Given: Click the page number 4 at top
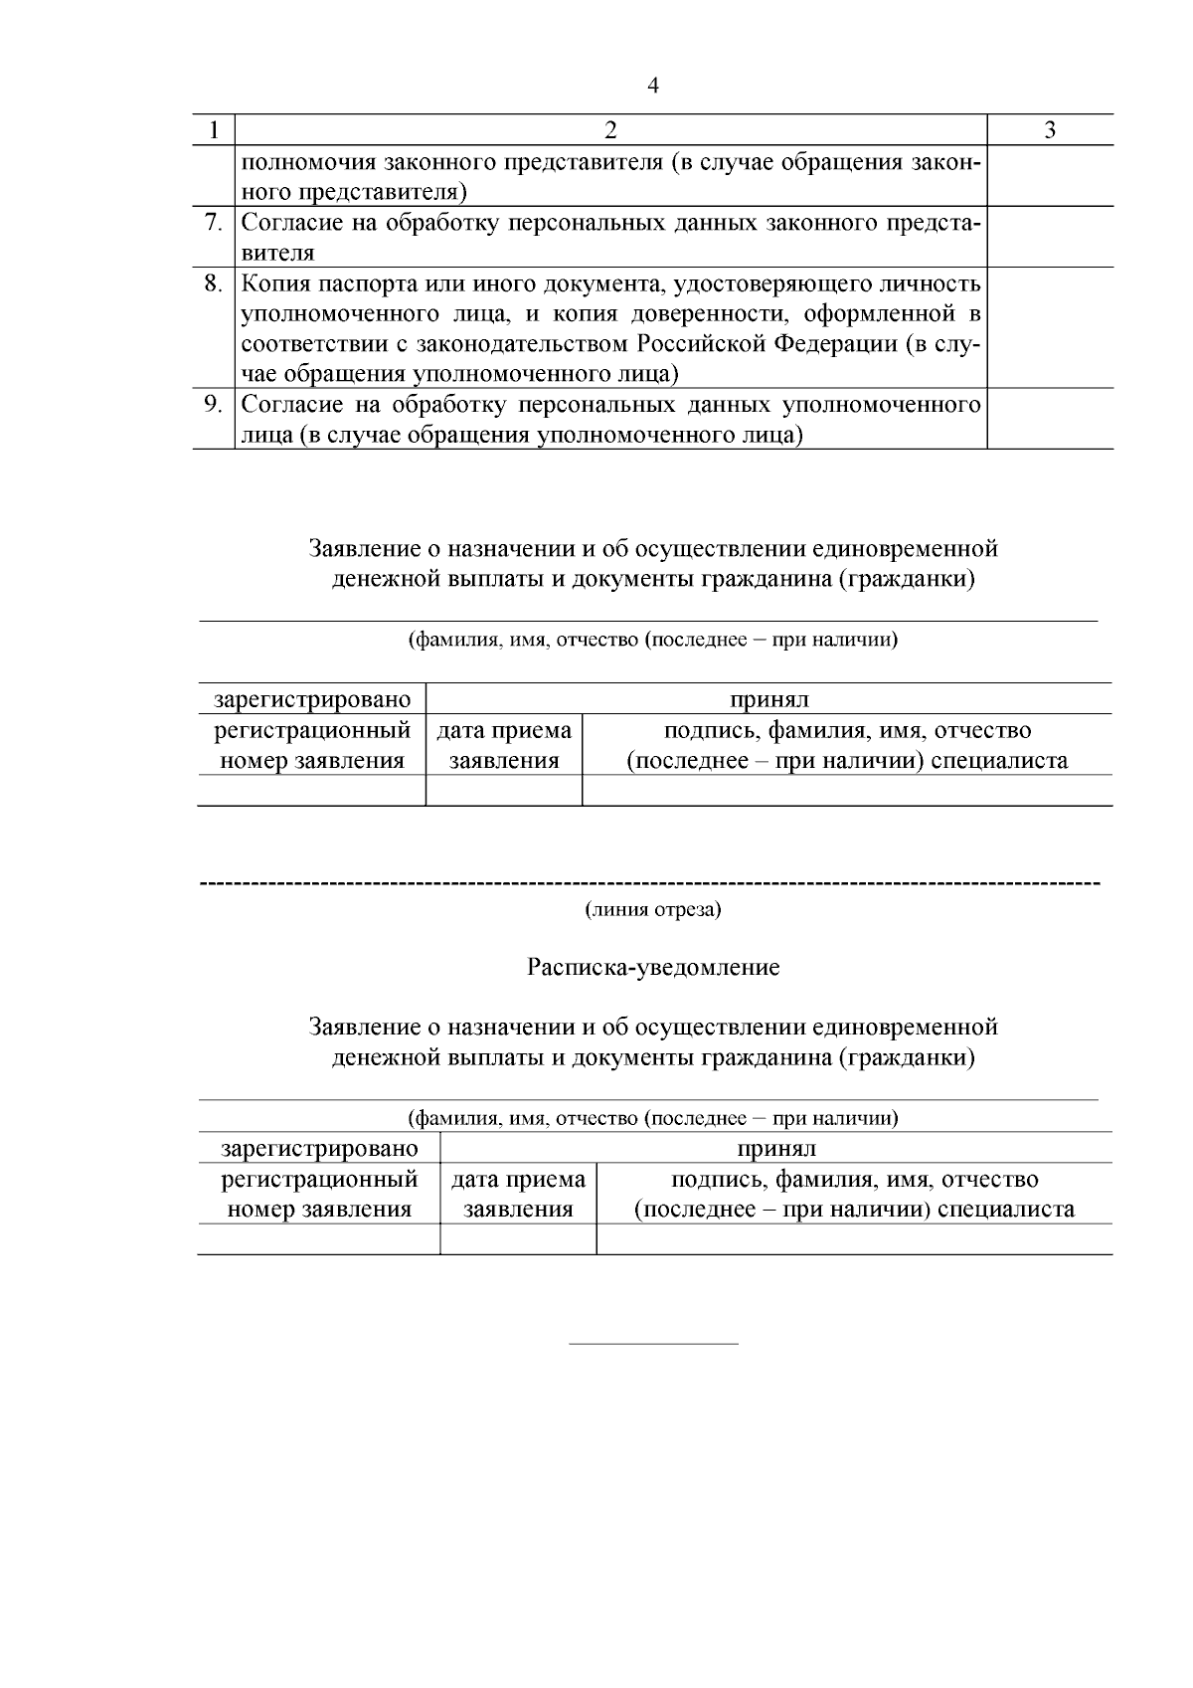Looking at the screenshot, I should pyautogui.click(x=653, y=86).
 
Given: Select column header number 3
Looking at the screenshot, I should pyautogui.click(x=1050, y=130).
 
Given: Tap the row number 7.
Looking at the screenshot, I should pyautogui.click(x=213, y=222).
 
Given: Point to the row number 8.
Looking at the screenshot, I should pyautogui.click(x=213, y=283).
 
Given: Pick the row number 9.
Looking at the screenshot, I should pyautogui.click(x=213, y=405).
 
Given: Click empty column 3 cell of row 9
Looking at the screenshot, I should pyautogui.click(x=1050, y=419).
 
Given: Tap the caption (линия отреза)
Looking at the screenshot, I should pyautogui.click(x=653, y=909).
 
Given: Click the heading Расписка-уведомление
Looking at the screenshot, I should pyautogui.click(x=653, y=967).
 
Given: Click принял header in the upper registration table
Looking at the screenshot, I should pyautogui.click(x=769, y=699).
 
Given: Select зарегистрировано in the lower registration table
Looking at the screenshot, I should pyautogui.click(x=319, y=1149).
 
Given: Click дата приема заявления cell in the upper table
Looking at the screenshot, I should pyautogui.click(x=504, y=745).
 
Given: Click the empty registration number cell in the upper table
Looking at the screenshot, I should pyautogui.click(x=311, y=791).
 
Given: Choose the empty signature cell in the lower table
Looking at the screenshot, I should pyautogui.click(x=854, y=1239).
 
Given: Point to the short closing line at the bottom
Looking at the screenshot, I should pyautogui.click(x=653, y=1344).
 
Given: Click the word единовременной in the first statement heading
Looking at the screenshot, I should pyautogui.click(x=905, y=549).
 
